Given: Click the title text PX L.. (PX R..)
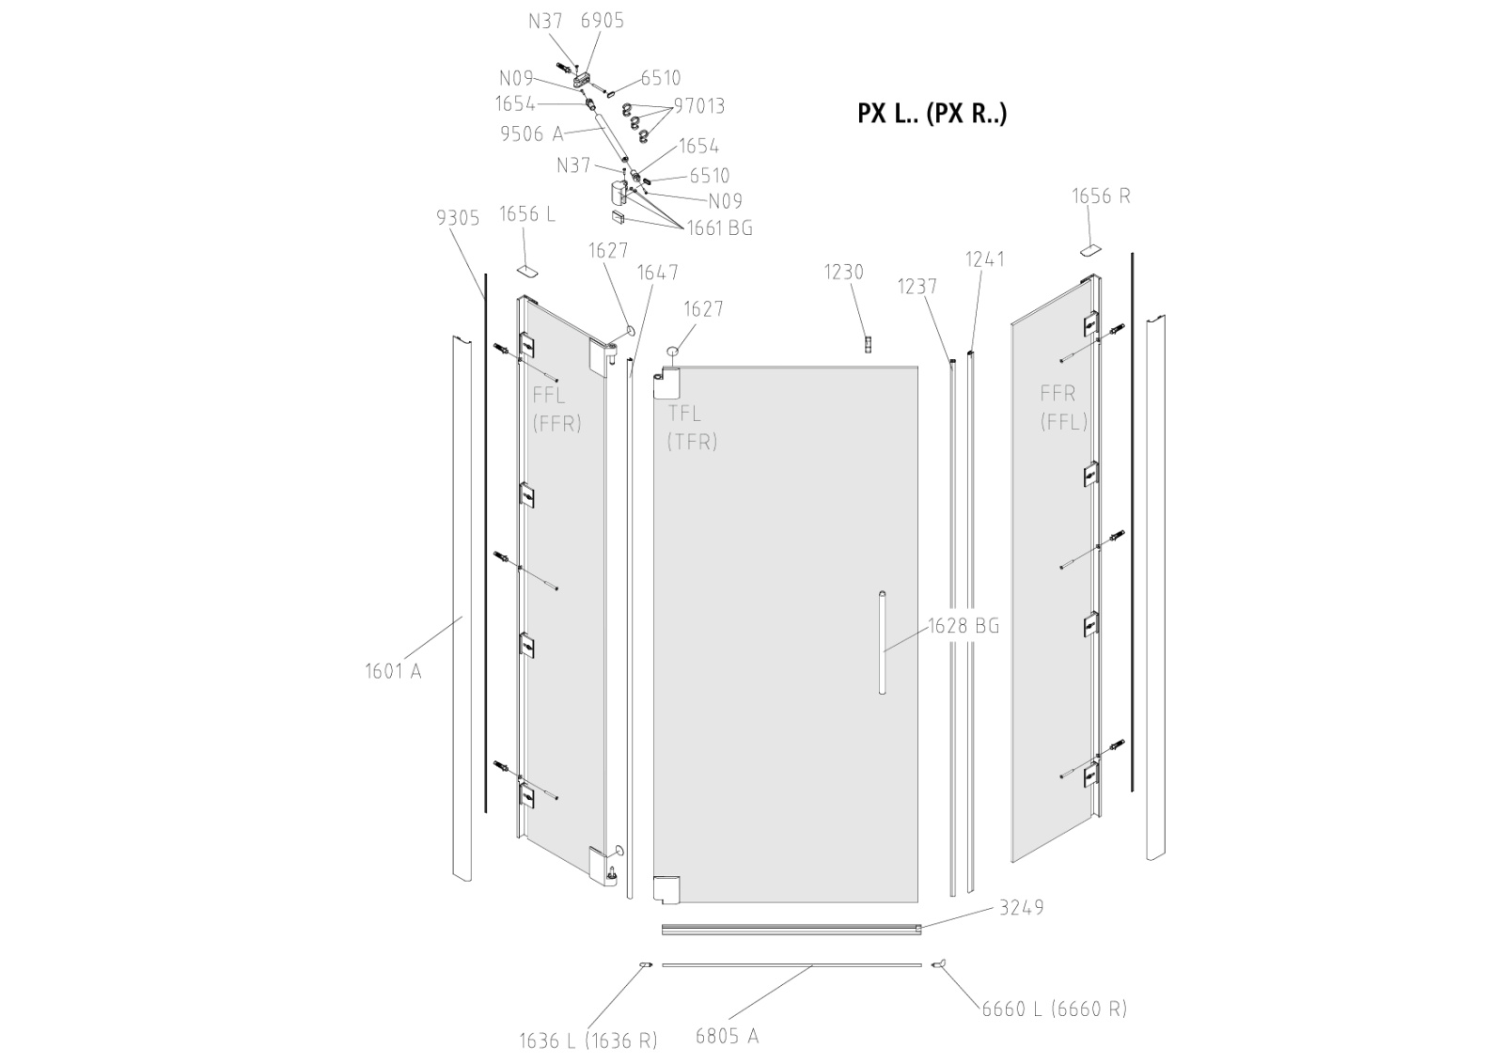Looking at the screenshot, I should click(x=932, y=114).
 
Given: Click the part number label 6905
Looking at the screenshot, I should click(x=602, y=21).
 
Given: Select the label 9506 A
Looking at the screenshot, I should click(x=532, y=134).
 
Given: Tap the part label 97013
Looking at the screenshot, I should click(x=698, y=106).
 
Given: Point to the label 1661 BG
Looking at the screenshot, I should click(x=719, y=227).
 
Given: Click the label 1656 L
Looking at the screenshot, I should click(x=526, y=214).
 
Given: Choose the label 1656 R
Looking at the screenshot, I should click(x=1101, y=196).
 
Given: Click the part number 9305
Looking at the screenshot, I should click(x=458, y=218).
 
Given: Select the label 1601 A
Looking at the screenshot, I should click(x=393, y=671).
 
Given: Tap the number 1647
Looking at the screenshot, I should click(x=657, y=273).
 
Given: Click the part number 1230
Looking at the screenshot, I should click(x=843, y=273).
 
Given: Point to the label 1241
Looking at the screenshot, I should click(x=985, y=259).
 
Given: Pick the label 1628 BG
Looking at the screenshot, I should click(x=963, y=626).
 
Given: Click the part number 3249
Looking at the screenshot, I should click(x=1021, y=908).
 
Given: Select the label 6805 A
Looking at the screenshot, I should click(x=727, y=1036).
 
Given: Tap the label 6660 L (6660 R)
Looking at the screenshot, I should click(x=1054, y=1009).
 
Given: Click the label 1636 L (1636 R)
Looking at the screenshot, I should click(x=587, y=1041).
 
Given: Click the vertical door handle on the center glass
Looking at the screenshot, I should click(x=882, y=643).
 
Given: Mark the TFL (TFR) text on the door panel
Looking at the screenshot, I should click(x=692, y=427).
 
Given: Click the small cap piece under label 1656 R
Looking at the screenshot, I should click(x=1089, y=250).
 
